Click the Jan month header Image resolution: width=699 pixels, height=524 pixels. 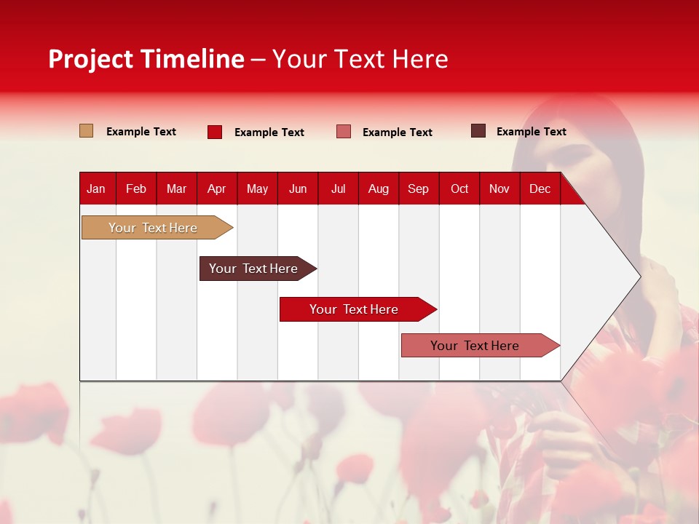97,188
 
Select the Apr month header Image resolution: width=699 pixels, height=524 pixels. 217,188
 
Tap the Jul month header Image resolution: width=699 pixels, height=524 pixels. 338,188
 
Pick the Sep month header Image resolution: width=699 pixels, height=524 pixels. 419,188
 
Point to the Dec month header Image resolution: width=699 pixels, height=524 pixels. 540,188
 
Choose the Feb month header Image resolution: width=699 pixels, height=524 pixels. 136,188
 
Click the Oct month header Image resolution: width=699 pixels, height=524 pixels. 459,188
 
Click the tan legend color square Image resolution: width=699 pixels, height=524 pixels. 86,131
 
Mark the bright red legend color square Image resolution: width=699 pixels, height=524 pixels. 215,132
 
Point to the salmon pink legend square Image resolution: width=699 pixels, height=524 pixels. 344,132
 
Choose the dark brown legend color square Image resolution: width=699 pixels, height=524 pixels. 478,131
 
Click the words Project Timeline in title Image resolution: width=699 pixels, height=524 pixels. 146,59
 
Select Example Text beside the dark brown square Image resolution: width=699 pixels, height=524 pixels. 531,132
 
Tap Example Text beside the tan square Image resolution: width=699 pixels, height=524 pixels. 141,132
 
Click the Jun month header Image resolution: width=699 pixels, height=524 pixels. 298,188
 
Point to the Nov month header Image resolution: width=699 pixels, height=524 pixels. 499,188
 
